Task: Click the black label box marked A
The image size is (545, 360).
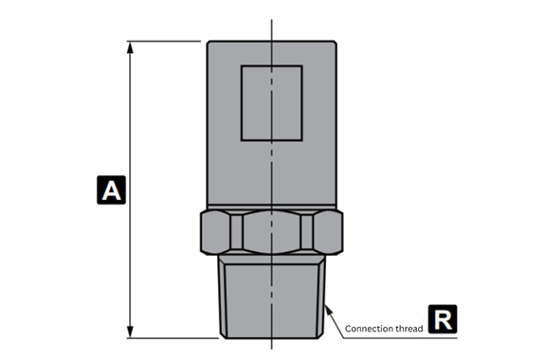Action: pos(111,190)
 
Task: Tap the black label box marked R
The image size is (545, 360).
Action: pos(443,319)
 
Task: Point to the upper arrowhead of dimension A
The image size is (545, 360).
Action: pos(130,47)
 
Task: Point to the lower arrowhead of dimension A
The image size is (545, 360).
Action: pos(130,332)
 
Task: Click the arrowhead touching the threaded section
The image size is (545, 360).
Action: pos(329,311)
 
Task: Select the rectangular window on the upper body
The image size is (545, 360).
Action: pos(272,103)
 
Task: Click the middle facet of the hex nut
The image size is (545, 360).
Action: pos(271,232)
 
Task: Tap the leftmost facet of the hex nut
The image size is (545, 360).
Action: pos(215,232)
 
